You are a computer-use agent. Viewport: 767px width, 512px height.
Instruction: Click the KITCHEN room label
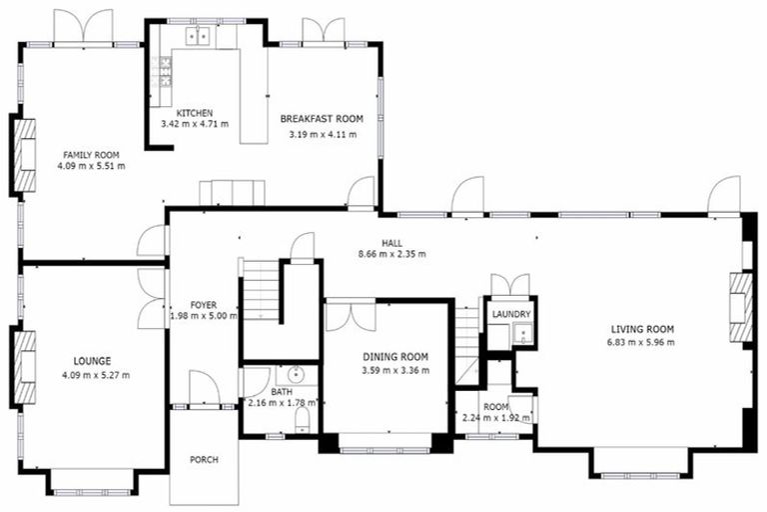(x=195, y=112)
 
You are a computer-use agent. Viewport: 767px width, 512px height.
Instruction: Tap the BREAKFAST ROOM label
(x=322, y=119)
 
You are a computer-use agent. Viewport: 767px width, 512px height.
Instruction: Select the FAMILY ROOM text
(x=91, y=155)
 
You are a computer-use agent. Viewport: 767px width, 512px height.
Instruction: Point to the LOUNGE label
(x=91, y=361)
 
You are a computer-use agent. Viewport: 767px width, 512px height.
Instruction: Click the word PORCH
(x=204, y=460)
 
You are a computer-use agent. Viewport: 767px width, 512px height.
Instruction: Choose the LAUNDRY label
(x=511, y=314)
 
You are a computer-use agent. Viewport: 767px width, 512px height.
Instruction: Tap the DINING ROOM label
(x=395, y=357)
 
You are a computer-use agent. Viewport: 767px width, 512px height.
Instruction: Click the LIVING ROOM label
(x=641, y=329)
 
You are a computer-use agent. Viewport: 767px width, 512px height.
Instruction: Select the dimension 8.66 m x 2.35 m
(x=391, y=254)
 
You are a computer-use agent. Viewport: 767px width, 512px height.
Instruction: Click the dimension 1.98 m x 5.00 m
(x=204, y=316)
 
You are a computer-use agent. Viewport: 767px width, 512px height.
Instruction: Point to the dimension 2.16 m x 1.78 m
(x=281, y=403)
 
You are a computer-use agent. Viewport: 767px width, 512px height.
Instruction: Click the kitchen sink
(x=196, y=37)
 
